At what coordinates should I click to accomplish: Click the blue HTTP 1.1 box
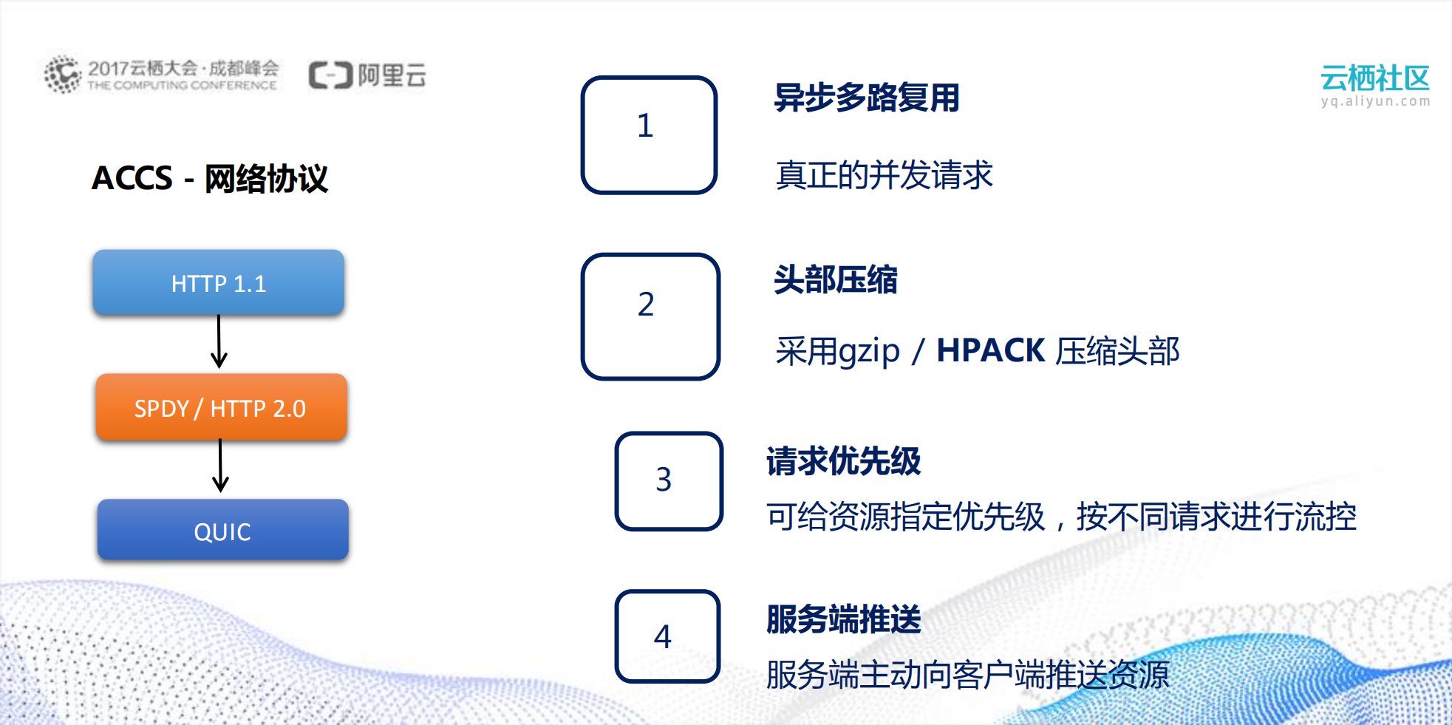click(x=219, y=283)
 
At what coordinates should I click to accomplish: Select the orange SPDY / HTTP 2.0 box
click(x=221, y=408)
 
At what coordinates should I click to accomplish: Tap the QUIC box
click(x=222, y=531)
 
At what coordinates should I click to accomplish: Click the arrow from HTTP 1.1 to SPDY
click(x=219, y=341)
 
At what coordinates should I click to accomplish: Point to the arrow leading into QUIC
click(x=220, y=466)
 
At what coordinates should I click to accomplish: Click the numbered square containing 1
click(x=649, y=135)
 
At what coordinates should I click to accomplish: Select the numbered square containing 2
click(x=650, y=316)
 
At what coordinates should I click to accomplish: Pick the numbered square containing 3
click(x=668, y=481)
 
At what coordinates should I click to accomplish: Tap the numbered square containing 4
click(x=667, y=636)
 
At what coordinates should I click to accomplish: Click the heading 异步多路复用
click(x=866, y=98)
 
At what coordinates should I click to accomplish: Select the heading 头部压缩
click(x=835, y=280)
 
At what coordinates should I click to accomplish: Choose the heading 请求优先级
click(x=843, y=461)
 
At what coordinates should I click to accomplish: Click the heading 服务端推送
click(x=843, y=619)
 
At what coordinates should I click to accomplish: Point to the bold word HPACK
click(x=990, y=350)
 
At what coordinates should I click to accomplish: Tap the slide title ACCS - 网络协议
click(x=210, y=178)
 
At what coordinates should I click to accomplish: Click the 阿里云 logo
click(x=367, y=75)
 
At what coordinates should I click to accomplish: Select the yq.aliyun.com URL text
click(x=1375, y=101)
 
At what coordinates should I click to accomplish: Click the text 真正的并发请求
click(x=884, y=175)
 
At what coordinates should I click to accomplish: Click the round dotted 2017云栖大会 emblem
click(x=62, y=75)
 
